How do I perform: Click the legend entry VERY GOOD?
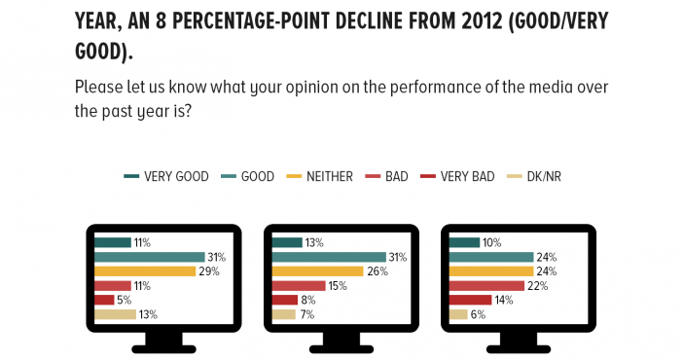coord(166,176)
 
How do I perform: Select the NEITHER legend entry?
coord(319,176)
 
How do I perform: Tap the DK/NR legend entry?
coord(534,176)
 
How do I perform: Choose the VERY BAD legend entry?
coord(457,176)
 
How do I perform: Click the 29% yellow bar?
coord(145,271)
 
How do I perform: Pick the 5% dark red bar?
coord(104,300)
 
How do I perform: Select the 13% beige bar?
coord(116,314)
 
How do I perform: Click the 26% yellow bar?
coord(317,271)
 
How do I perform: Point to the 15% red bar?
coord(299,286)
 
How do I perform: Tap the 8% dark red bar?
coord(285,300)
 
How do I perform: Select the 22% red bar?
coord(487,286)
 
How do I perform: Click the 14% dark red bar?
coord(471,300)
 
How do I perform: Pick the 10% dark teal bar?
coord(464,243)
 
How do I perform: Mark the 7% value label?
coord(307,314)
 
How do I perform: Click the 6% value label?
coord(478,314)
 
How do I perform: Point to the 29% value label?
coord(209,271)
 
